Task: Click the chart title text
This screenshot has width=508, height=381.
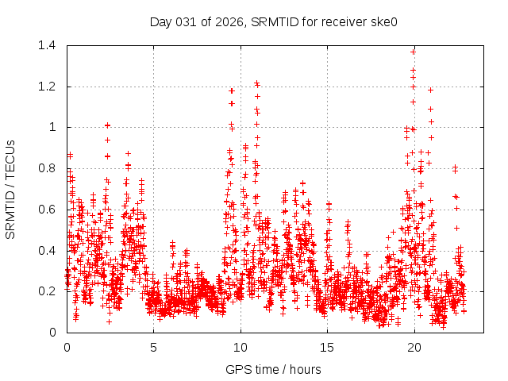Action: (273, 21)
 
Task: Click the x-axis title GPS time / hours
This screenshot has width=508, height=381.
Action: (273, 369)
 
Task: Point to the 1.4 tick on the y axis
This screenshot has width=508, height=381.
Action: (49, 45)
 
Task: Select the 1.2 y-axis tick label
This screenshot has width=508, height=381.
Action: (49, 87)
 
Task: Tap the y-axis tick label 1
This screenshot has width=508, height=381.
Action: (55, 127)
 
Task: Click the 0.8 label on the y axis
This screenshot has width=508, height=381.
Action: (49, 168)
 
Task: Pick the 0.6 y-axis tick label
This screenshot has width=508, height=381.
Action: (49, 210)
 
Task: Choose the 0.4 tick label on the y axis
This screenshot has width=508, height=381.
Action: (49, 250)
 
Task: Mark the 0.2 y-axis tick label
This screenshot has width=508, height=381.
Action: (49, 291)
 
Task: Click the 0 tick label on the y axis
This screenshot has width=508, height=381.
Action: (55, 332)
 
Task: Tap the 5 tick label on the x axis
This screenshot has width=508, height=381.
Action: (154, 347)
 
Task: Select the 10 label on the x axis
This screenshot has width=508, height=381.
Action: (241, 347)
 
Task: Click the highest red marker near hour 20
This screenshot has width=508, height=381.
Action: (413, 52)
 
